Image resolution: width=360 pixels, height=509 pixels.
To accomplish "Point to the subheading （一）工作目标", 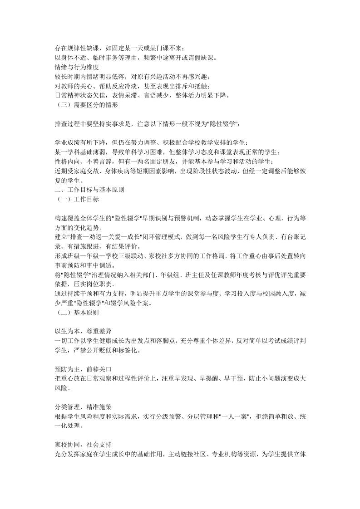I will (76, 199).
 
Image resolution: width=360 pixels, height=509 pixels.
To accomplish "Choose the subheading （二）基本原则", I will (76, 313).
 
